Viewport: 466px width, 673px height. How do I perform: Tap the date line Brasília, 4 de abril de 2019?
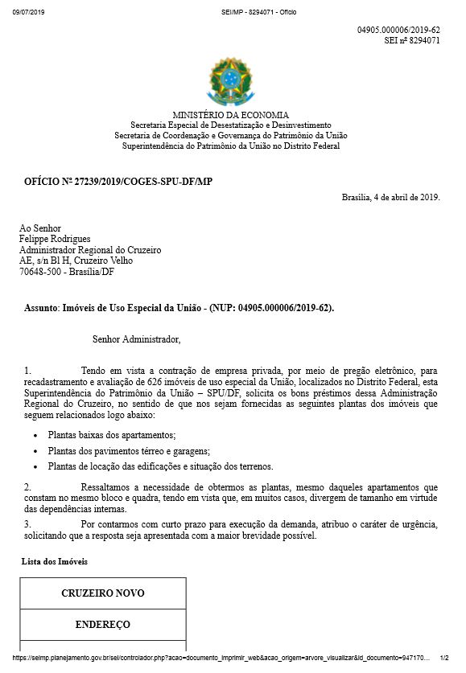click(x=390, y=197)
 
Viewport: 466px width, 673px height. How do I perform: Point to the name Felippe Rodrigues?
click(x=55, y=239)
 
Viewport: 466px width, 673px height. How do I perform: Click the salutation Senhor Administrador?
click(x=137, y=340)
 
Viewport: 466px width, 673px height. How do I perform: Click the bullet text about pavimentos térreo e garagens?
click(x=129, y=450)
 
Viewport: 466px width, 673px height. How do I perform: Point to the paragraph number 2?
click(x=27, y=487)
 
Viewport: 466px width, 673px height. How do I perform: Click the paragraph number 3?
click(x=27, y=524)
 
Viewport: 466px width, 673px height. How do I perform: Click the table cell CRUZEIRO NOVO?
click(x=103, y=593)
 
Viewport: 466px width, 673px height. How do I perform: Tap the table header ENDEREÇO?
click(x=103, y=624)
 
